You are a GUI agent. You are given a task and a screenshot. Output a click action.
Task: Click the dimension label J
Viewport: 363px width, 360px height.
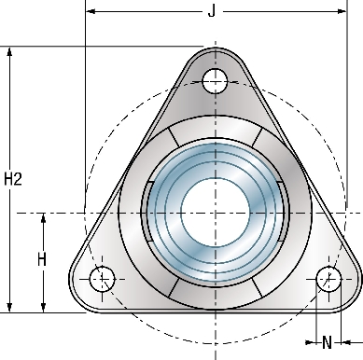tap(212, 11)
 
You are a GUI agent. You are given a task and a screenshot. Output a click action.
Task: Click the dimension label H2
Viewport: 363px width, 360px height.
tap(13, 179)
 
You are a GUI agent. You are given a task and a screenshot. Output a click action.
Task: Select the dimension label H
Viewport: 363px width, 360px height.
tap(42, 259)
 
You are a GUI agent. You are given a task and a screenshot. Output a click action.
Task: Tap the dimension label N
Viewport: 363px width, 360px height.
tap(327, 342)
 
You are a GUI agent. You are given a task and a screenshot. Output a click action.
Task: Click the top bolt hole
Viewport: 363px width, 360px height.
tap(215, 81)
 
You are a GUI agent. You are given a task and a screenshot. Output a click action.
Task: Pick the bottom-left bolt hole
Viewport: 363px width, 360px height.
tap(102, 279)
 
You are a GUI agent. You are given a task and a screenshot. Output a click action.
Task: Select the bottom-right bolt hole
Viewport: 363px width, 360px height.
tap(328, 279)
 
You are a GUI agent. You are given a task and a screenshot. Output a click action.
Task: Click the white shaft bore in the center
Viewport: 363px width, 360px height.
tap(216, 214)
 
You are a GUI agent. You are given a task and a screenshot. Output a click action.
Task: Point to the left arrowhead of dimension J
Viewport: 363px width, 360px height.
tap(91, 11)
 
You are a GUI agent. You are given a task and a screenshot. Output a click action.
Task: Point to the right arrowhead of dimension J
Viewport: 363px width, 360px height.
tap(342, 11)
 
